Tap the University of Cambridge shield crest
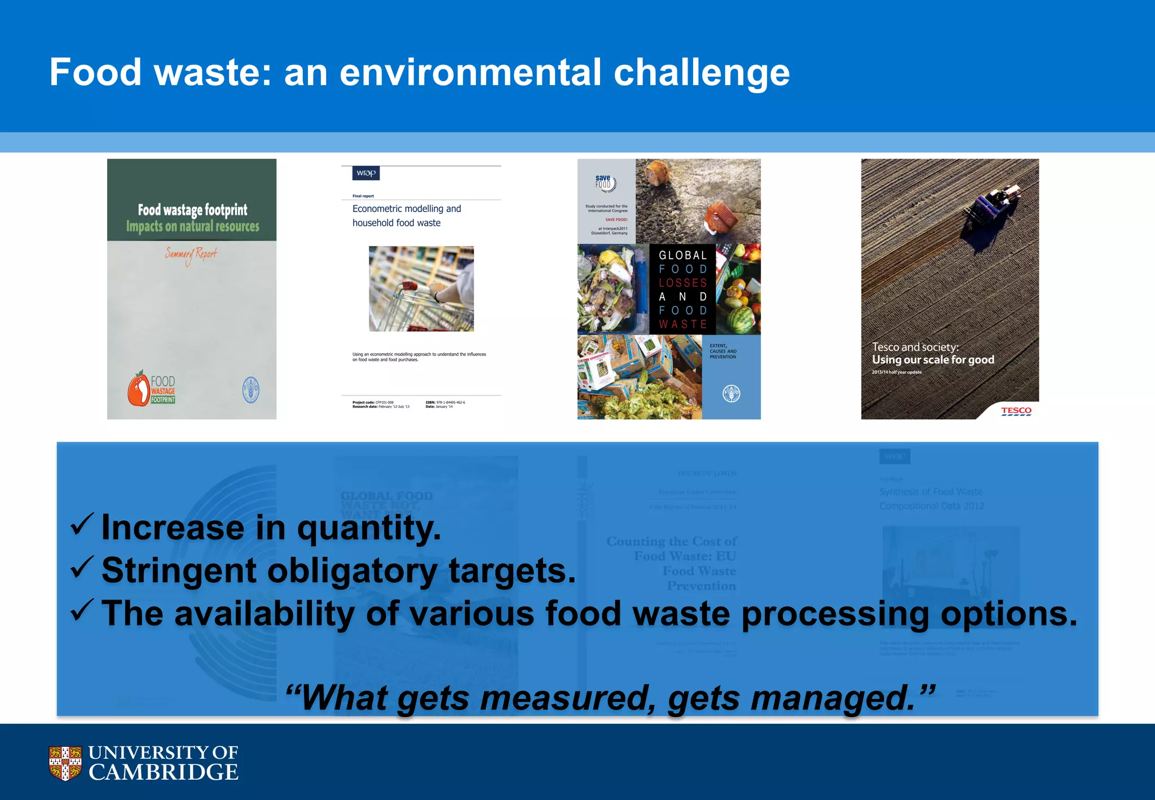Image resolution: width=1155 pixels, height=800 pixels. click(x=65, y=763)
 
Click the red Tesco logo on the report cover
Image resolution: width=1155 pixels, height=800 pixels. click(x=1016, y=411)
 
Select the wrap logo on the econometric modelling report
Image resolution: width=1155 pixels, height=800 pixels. click(x=366, y=173)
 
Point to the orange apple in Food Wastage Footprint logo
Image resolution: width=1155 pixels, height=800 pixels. click(x=138, y=389)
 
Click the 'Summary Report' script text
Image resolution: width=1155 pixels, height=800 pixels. click(x=191, y=255)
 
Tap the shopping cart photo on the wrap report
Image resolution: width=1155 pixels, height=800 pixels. click(x=421, y=288)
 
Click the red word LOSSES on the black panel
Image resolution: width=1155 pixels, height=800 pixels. click(x=682, y=283)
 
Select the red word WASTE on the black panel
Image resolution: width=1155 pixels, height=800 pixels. click(x=682, y=324)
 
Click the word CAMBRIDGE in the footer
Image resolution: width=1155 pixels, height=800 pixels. click(x=163, y=772)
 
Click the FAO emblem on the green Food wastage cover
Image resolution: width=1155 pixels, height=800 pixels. click(x=250, y=389)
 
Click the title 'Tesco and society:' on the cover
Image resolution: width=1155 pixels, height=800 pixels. click(x=915, y=347)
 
